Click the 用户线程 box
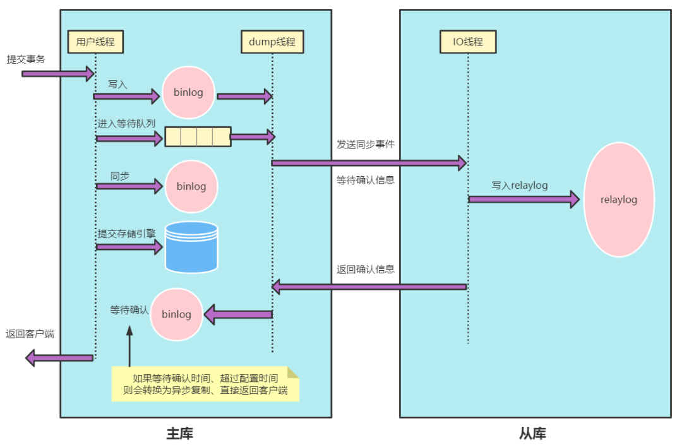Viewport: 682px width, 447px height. click(95, 42)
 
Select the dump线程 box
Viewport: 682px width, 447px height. click(272, 42)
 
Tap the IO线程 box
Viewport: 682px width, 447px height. click(468, 42)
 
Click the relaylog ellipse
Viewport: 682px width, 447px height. click(619, 200)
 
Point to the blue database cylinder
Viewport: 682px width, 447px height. click(191, 247)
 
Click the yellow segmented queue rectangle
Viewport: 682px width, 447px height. click(198, 137)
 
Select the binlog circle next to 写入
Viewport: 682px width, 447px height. click(188, 93)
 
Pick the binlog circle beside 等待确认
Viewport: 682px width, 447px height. click(176, 314)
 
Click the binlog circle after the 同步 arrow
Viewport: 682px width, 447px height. click(191, 186)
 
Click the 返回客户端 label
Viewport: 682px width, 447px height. click(30, 334)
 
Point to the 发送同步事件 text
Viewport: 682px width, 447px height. click(366, 144)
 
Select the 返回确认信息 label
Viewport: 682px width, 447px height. click(366, 269)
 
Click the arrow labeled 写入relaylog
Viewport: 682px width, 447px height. click(523, 200)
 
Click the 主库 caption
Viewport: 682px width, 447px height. click(180, 434)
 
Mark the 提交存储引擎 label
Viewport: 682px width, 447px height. click(126, 233)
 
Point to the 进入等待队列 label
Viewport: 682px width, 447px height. click(126, 124)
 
